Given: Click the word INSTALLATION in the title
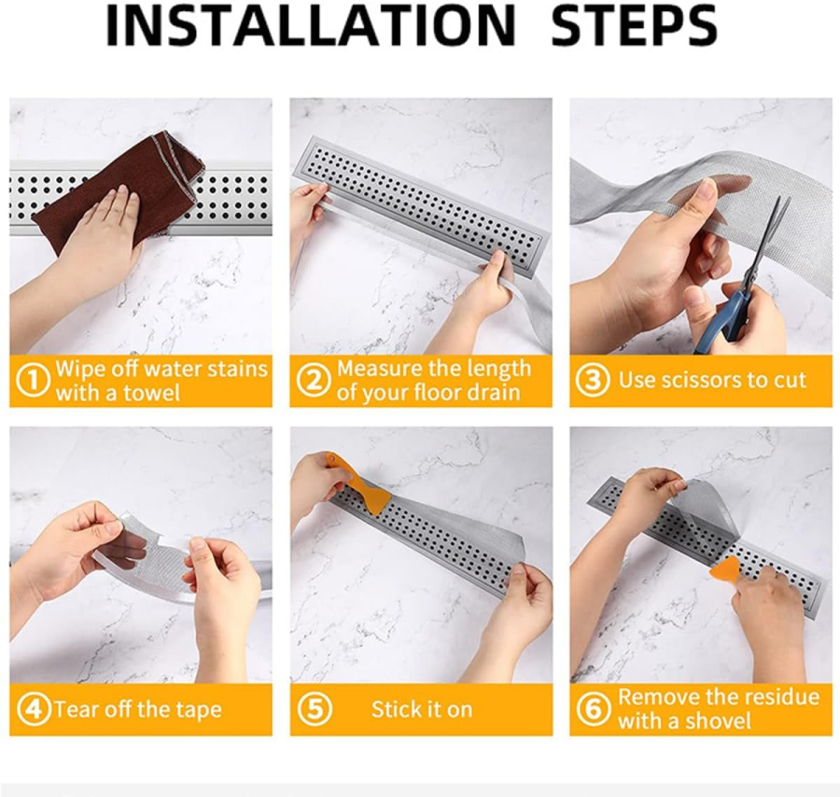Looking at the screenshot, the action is pyautogui.click(x=312, y=26).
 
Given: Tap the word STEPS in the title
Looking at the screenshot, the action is pyautogui.click(x=634, y=26).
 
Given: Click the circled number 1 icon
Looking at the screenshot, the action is pyautogui.click(x=34, y=380).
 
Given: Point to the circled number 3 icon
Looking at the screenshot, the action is pyautogui.click(x=593, y=380).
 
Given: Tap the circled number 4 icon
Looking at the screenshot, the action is pyautogui.click(x=34, y=709).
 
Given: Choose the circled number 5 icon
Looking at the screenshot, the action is pyautogui.click(x=315, y=709).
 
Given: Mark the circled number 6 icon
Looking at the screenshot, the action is pyautogui.click(x=594, y=709).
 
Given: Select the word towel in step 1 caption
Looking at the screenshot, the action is pyautogui.click(x=151, y=393).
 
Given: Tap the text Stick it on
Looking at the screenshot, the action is pyautogui.click(x=422, y=709).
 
